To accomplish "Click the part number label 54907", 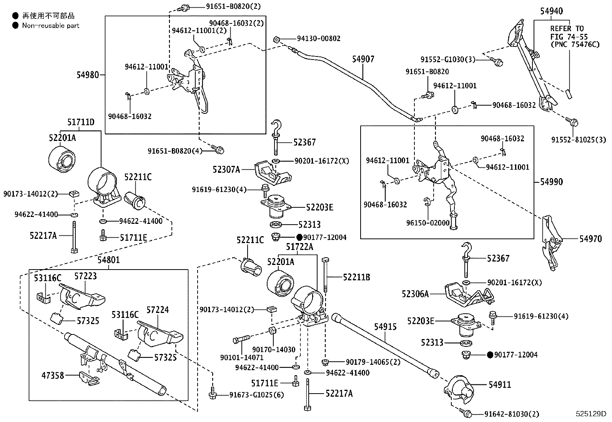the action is click(x=363, y=59).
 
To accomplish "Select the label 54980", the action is click(x=87, y=75).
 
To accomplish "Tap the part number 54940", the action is click(x=552, y=11).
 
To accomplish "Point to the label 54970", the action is click(x=591, y=239).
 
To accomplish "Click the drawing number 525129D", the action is click(x=591, y=414).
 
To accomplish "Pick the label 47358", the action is click(x=53, y=376).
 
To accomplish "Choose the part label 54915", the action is click(x=385, y=327).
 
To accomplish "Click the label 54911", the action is click(x=500, y=385).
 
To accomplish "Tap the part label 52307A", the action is click(x=226, y=170).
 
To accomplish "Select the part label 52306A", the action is click(x=415, y=294).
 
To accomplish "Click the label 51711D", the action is click(x=81, y=122).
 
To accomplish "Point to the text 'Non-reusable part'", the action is click(x=50, y=26).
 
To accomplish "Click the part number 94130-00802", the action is click(x=319, y=38).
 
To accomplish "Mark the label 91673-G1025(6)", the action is click(x=256, y=395).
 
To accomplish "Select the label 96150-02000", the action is click(x=428, y=223).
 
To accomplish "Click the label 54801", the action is click(x=109, y=260).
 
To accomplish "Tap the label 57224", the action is click(x=158, y=310).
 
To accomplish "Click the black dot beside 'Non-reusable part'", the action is click(x=15, y=26).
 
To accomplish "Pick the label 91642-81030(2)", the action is click(x=512, y=414).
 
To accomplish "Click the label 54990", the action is click(x=552, y=182).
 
